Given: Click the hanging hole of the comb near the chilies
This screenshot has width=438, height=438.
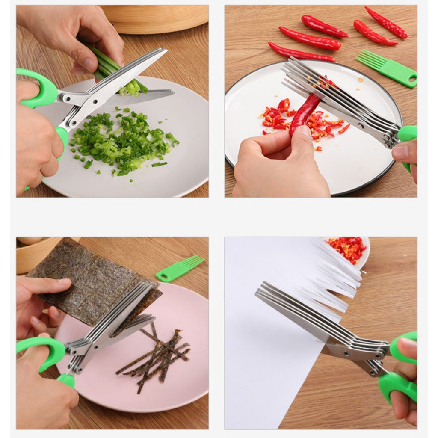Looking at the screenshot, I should (x=412, y=79).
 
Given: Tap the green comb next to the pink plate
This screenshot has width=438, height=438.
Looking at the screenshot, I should (x=180, y=268).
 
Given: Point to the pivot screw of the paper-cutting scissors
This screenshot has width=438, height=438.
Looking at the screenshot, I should (x=379, y=354).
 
